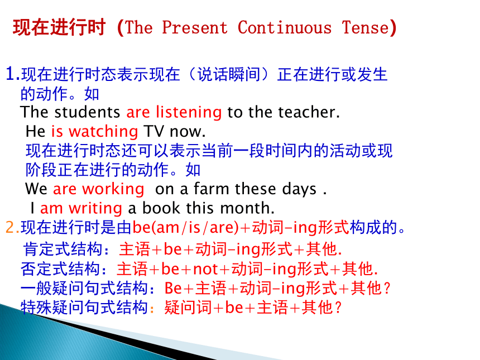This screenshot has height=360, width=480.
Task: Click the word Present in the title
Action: pyautogui.click(x=195, y=27)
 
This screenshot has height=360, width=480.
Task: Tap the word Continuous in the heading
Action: pyautogui.click(x=285, y=27)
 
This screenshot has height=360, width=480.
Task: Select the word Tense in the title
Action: pyautogui.click(x=365, y=27)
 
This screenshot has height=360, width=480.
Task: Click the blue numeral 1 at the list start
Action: pyautogui.click(x=11, y=74)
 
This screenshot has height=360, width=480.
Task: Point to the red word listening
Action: pyautogui.click(x=189, y=112)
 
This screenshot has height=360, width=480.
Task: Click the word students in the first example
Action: pyautogui.click(x=87, y=112)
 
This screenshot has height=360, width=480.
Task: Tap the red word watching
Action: pyautogui.click(x=103, y=132)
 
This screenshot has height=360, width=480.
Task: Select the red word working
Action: pyautogui.click(x=113, y=189)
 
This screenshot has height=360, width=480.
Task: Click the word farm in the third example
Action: pyautogui.click(x=211, y=189)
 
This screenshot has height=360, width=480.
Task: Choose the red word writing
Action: pyautogui.click(x=95, y=209)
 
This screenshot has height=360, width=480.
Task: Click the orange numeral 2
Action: pyautogui.click(x=11, y=228)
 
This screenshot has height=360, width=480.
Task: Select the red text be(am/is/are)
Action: pyautogui.click(x=185, y=228)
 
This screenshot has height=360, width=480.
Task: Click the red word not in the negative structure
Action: pyautogui.click(x=205, y=270)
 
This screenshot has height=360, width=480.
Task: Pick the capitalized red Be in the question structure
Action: pyautogui.click(x=173, y=289)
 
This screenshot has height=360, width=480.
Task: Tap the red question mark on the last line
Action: pyautogui.click(x=338, y=308)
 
